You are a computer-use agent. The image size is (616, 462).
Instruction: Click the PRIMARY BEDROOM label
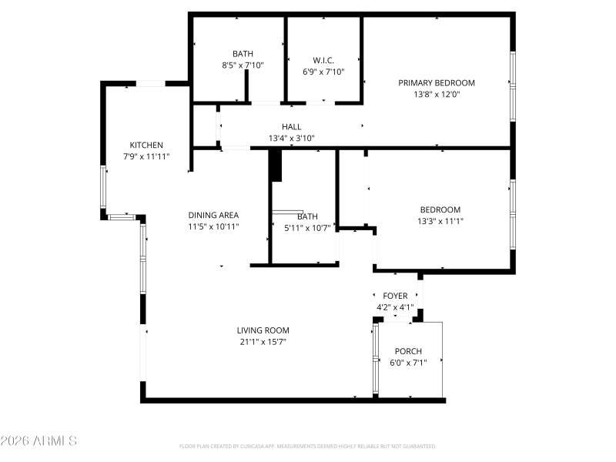[x=436, y=83]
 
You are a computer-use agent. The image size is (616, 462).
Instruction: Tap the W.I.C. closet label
[x=323, y=60]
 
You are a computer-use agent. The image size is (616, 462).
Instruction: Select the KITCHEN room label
[x=146, y=145]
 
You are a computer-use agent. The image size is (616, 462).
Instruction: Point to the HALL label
[x=291, y=127]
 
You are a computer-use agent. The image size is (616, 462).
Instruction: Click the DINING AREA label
[x=213, y=216]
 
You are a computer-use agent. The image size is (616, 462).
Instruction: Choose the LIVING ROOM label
[x=263, y=330]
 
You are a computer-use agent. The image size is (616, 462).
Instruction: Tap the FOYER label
[x=395, y=296]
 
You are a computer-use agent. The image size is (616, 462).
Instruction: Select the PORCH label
[x=408, y=351]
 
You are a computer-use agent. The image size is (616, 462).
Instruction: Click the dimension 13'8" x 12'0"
[x=436, y=95]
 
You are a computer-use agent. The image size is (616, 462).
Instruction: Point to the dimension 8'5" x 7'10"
[x=243, y=65]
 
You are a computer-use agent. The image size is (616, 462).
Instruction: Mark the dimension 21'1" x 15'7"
[x=263, y=342]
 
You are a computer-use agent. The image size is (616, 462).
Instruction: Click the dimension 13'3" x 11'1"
[x=440, y=221]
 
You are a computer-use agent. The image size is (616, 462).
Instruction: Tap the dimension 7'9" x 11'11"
[x=146, y=156]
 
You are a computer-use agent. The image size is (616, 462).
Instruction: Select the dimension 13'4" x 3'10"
[x=291, y=139]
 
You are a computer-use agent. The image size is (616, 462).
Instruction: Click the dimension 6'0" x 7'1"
[x=408, y=363]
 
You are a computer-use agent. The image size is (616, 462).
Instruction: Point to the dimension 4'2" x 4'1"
[x=395, y=307]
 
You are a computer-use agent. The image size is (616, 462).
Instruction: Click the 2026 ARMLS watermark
[x=38, y=441]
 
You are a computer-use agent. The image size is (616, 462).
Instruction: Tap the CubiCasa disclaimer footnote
[x=308, y=446]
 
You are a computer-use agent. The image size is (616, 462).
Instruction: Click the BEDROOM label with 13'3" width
[x=440, y=209]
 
